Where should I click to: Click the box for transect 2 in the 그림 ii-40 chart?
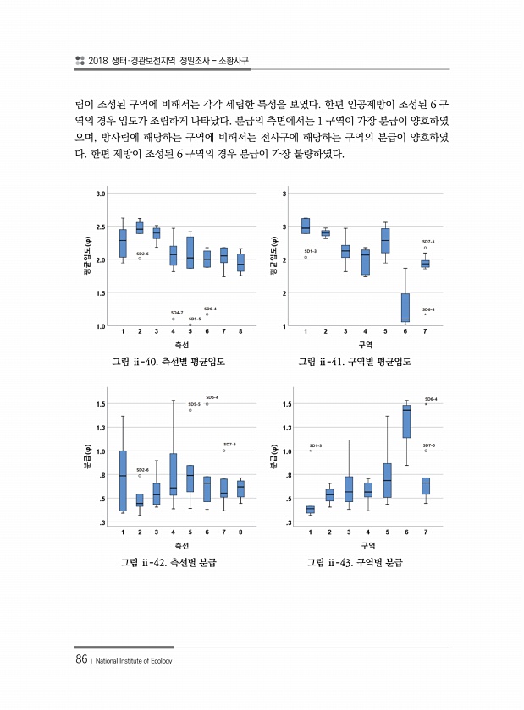click(140, 227)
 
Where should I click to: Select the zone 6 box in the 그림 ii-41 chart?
click(405, 307)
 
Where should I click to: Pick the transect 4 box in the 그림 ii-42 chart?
click(174, 474)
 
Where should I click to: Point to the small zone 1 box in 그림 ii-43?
click(310, 509)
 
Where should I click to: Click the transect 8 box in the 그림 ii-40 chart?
click(240, 262)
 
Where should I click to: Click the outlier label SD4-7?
click(177, 313)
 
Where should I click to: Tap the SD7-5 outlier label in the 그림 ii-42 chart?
click(229, 444)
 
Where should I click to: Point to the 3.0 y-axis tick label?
click(100, 194)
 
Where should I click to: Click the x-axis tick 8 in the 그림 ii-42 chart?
click(240, 532)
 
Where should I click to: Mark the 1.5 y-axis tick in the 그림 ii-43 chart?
click(288, 404)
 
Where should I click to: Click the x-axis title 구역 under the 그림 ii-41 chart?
click(366, 345)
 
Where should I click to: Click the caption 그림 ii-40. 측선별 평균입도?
click(174, 363)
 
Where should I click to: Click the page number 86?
click(82, 659)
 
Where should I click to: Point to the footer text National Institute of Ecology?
click(135, 661)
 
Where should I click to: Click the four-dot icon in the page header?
click(80, 60)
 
